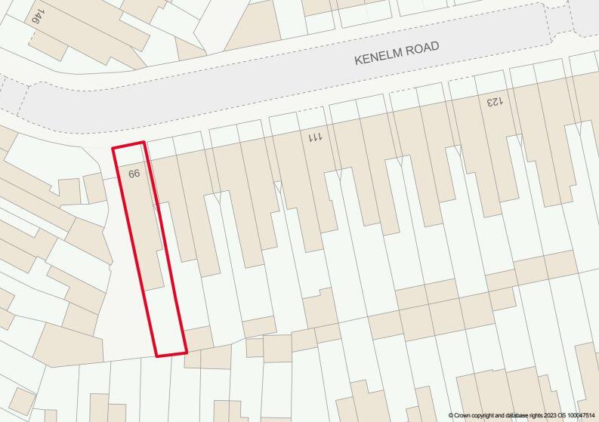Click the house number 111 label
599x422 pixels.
(315, 137)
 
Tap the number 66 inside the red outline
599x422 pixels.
(134, 174)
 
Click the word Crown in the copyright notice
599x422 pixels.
(463, 415)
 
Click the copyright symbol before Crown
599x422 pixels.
(451, 415)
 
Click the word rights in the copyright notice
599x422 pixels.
(532, 415)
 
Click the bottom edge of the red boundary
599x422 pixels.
(171, 353)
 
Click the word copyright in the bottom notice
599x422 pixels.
(484, 415)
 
